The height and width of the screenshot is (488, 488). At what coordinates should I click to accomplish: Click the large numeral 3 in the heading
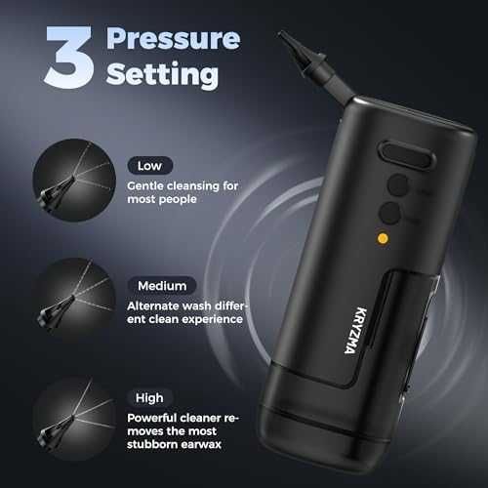coord(69,57)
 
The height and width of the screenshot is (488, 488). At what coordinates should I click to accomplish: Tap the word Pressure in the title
coord(174,40)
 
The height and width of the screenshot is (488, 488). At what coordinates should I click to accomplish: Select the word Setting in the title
coord(162,74)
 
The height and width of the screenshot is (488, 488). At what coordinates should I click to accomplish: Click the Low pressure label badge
coord(149,166)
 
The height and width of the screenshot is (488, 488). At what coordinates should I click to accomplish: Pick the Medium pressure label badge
coord(162,286)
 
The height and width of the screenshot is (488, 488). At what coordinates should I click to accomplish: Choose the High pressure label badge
coord(149,397)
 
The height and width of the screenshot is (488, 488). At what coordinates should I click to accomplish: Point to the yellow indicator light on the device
coord(383,238)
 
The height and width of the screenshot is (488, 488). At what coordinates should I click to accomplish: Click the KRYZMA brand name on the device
coord(355,330)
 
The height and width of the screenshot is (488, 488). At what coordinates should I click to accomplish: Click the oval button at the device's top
coord(406,156)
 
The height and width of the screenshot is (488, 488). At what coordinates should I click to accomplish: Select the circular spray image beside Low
coord(74,181)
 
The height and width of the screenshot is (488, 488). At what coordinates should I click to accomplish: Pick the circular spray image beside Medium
coord(74,300)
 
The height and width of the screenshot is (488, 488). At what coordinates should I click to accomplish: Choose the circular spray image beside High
coord(74,419)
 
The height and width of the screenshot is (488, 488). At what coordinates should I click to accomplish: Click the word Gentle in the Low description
coord(145,185)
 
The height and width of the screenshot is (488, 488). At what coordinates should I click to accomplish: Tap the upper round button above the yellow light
coord(398,185)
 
